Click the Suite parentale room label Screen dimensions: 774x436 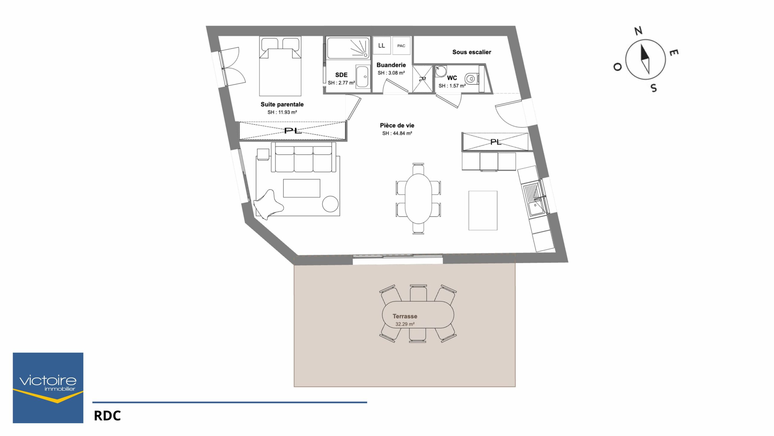point(282,104)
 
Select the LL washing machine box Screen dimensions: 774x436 point(382,45)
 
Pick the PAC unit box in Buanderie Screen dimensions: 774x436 point(401,46)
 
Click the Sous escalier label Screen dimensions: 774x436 point(472,52)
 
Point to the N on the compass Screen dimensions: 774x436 point(638,31)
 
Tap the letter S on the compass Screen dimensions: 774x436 point(654,88)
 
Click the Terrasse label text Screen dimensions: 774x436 point(405,316)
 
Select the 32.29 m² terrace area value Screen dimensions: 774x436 point(405,324)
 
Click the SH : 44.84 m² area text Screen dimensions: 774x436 point(397,133)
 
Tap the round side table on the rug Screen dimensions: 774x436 point(330,204)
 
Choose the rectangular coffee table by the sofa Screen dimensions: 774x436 point(301,188)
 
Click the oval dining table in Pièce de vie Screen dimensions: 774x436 point(418,198)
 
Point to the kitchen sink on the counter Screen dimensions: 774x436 point(536,208)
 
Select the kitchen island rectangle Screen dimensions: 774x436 point(483,210)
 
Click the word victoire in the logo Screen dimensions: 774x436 point(48,380)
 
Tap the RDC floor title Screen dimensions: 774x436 point(107,416)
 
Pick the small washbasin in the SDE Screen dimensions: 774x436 point(363,77)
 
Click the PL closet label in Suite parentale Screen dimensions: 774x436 point(293,131)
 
